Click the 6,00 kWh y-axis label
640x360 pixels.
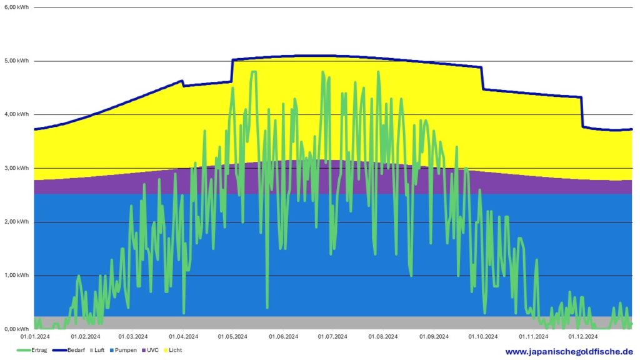(x=16, y=7)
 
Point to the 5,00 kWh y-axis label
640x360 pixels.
(x=16, y=61)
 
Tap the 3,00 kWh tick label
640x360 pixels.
(x=16, y=168)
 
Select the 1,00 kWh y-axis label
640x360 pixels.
(x=16, y=276)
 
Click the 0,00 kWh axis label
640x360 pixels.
(x=16, y=329)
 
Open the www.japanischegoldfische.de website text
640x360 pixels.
(x=569, y=352)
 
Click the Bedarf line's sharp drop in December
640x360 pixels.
(x=582, y=112)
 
